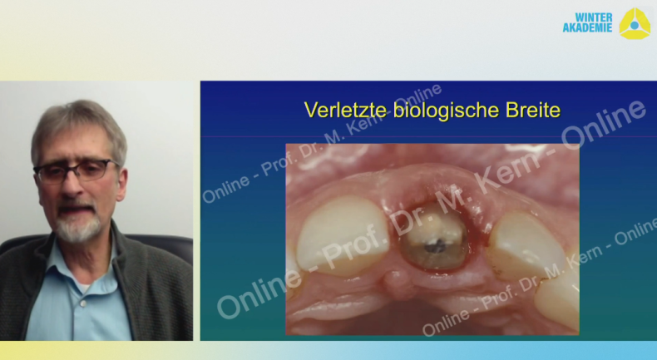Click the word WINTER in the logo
[x=594, y=17]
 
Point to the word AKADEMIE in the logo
[x=587, y=27]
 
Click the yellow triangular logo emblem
[x=635, y=24]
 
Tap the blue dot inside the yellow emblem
[x=635, y=26]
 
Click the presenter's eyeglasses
[x=76, y=170]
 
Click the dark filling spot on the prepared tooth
[x=432, y=248]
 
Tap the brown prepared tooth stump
[x=433, y=236]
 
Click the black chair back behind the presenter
[x=163, y=247]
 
